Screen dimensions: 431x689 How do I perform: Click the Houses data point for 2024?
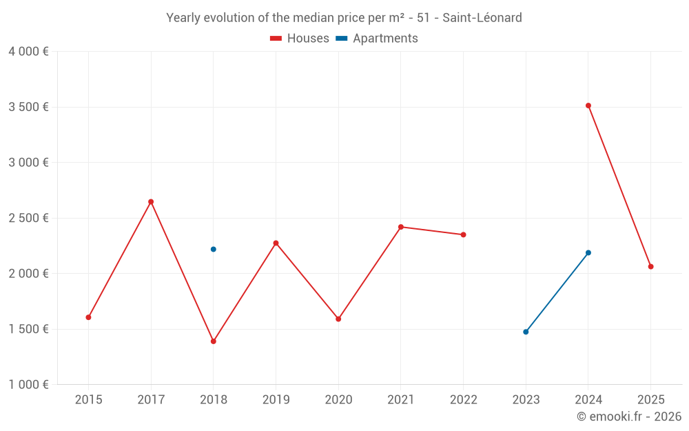(x=588, y=106)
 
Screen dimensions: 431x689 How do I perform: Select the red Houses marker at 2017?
(x=151, y=201)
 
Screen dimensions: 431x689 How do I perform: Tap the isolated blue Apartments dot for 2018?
(x=214, y=249)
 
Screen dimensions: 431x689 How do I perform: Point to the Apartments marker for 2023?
(x=526, y=332)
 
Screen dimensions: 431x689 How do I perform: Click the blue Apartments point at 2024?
(x=588, y=252)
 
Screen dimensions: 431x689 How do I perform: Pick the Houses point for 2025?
(x=650, y=266)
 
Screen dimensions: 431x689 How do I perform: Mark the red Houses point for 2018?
(x=214, y=341)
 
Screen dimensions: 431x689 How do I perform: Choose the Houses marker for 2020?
(x=338, y=319)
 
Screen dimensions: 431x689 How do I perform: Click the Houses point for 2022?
(x=464, y=234)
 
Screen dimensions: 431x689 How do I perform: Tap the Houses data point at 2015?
(x=88, y=317)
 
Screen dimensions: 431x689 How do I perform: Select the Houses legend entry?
(x=300, y=39)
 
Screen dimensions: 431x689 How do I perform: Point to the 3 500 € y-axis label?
(x=28, y=107)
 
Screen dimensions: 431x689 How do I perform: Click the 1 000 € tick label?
(x=28, y=385)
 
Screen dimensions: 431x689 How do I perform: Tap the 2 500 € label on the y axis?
(x=28, y=218)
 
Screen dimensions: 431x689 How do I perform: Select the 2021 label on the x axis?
(x=401, y=399)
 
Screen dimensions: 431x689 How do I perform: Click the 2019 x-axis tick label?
(x=276, y=399)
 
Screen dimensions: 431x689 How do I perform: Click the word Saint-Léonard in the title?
(x=482, y=17)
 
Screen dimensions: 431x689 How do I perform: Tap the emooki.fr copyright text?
(x=629, y=417)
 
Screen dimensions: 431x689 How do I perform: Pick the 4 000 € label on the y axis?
(x=28, y=52)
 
